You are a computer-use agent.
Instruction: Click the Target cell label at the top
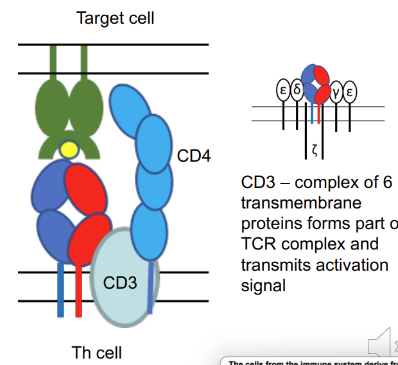[x=115, y=17]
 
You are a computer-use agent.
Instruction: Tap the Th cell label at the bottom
[x=96, y=352]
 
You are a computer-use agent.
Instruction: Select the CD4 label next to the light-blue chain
[x=194, y=156]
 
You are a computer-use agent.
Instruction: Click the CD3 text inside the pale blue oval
[x=120, y=282]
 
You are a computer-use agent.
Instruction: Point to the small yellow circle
[x=68, y=150]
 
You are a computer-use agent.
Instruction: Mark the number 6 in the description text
[x=386, y=182]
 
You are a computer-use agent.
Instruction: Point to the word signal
[x=263, y=285]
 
